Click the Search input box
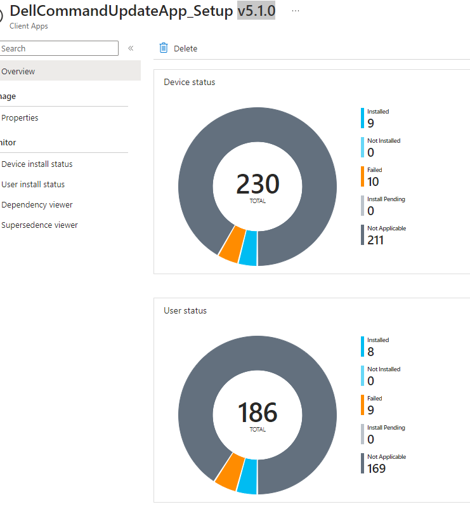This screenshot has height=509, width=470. [58, 48]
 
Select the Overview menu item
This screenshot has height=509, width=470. [19, 71]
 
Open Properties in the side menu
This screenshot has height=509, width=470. [20, 117]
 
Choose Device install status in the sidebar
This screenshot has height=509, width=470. [37, 164]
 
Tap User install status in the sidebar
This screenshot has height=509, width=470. [33, 184]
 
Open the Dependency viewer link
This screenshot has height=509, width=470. [37, 204]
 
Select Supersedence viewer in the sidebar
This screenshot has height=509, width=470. [39, 225]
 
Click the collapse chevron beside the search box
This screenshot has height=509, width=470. [131, 48]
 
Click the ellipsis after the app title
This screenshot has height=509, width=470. [296, 11]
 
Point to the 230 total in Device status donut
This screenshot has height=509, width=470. [258, 185]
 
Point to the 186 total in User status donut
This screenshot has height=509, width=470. [258, 413]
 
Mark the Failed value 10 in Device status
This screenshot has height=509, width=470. [373, 182]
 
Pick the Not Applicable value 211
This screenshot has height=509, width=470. [375, 240]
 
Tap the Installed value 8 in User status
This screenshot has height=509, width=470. [370, 352]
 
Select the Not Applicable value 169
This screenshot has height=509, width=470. [376, 468]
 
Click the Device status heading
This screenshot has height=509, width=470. [189, 82]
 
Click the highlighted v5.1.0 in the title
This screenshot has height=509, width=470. [256, 11]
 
